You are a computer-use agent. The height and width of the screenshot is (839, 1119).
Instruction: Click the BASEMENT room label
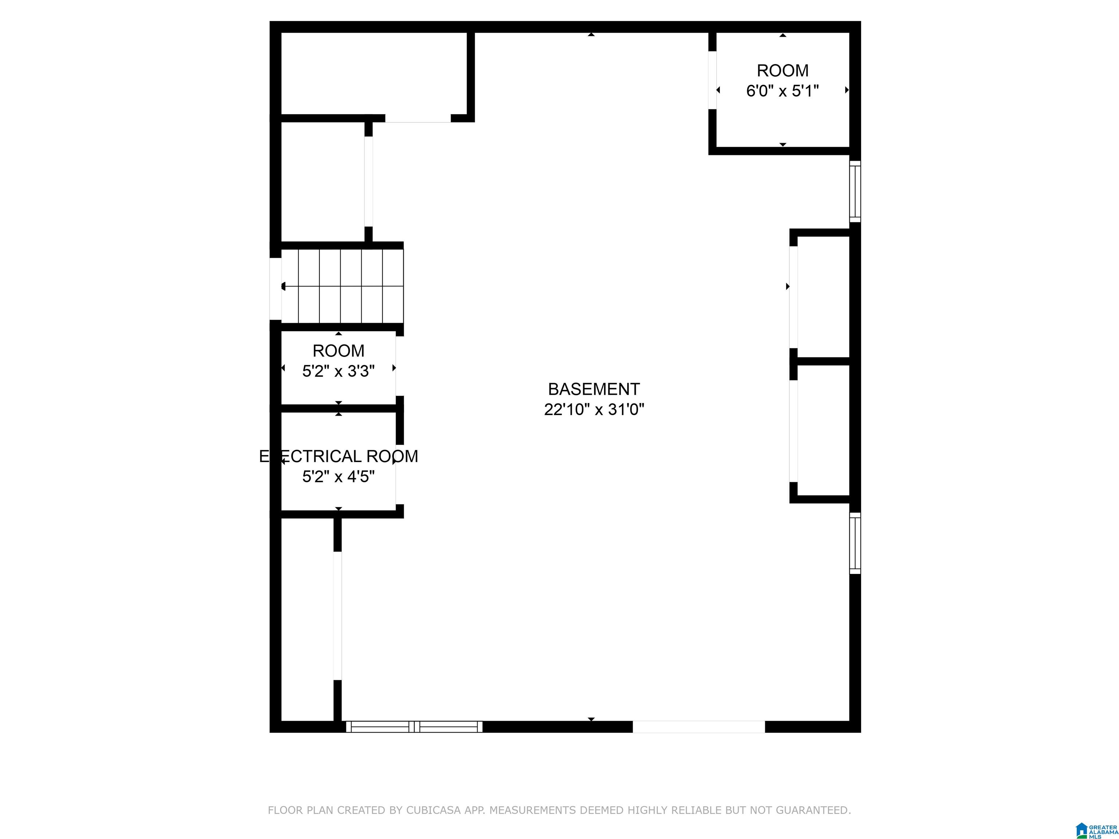(x=594, y=389)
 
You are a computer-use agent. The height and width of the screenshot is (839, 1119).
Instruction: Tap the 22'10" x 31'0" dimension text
(x=594, y=409)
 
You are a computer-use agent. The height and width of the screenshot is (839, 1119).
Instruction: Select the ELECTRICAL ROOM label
(x=338, y=456)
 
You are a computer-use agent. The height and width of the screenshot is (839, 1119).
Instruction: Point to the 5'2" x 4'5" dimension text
(x=338, y=476)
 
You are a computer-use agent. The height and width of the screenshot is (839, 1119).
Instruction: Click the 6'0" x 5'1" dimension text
(x=782, y=91)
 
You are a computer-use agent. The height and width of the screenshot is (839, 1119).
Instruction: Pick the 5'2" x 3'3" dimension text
(x=338, y=371)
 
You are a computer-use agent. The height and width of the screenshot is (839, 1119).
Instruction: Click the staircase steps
(x=342, y=286)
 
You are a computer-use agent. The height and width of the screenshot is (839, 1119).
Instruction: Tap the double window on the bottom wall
(x=414, y=727)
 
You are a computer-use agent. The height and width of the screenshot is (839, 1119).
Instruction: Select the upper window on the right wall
(x=855, y=191)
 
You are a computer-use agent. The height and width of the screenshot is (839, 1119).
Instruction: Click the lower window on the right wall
(x=855, y=543)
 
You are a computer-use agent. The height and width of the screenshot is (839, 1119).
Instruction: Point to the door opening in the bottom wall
(x=699, y=727)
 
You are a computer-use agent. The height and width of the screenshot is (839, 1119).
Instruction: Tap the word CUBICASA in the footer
(x=433, y=810)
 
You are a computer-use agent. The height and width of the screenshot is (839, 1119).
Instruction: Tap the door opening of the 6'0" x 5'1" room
(x=712, y=80)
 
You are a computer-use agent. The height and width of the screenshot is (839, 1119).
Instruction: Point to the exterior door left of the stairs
(x=276, y=289)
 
